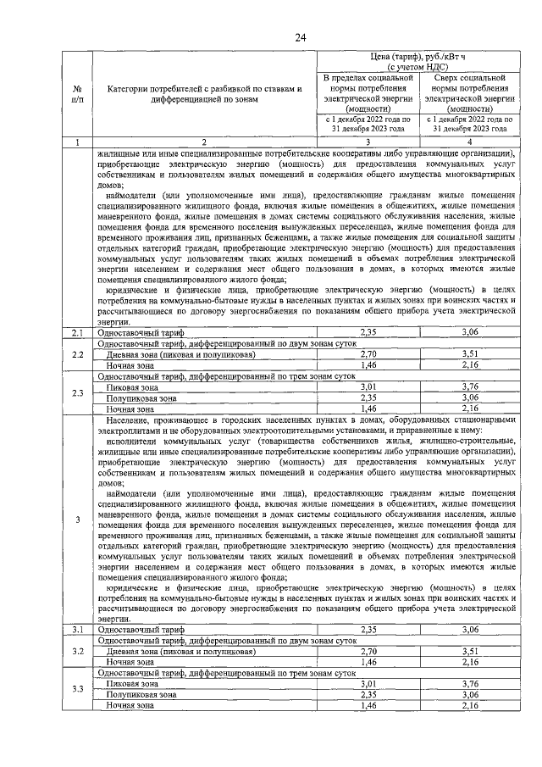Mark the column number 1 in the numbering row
pyautogui.click(x=78, y=142)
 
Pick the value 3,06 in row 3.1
pyautogui.click(x=471, y=630)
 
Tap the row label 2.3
pyautogui.click(x=78, y=392)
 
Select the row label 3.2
pyautogui.click(x=78, y=651)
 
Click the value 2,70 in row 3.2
pyautogui.click(x=368, y=651)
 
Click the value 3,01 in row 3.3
pyautogui.click(x=368, y=682)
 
